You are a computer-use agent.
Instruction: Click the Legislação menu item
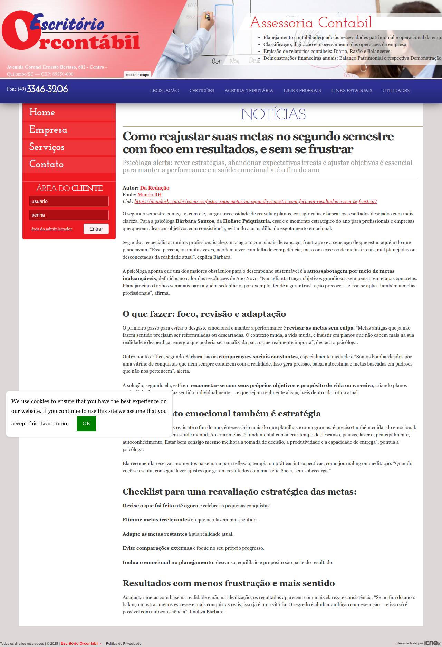[x=164, y=91]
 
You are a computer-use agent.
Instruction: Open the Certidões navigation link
[x=202, y=91]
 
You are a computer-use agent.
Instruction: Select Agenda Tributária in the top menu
[x=249, y=91]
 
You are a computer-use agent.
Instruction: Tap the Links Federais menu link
[x=302, y=91]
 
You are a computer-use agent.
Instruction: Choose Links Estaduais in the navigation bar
[x=352, y=91]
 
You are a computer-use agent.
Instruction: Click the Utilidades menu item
[x=396, y=91]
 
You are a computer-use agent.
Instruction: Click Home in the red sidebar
[x=42, y=112]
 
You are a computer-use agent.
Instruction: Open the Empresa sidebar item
[x=48, y=130]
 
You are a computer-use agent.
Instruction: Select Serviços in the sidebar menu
[x=47, y=147]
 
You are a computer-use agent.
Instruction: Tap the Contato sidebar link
[x=46, y=164]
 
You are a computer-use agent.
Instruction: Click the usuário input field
[x=69, y=201]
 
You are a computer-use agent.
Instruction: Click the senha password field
[x=69, y=215]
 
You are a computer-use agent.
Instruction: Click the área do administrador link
[x=52, y=229]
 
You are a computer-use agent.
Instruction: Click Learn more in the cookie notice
[x=54, y=424]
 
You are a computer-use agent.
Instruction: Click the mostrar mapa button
[x=137, y=75]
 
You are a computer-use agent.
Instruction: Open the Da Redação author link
[x=154, y=188]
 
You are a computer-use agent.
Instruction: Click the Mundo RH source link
[x=150, y=195]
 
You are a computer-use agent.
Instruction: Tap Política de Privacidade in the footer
[x=123, y=644]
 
